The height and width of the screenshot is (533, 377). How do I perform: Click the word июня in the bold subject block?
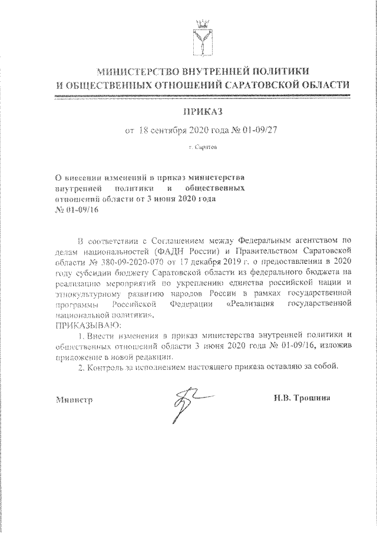[x=161, y=200]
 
